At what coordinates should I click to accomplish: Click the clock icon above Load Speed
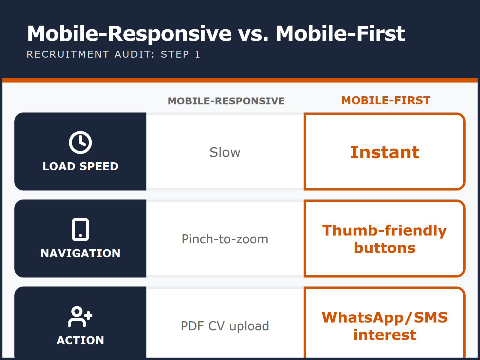(x=80, y=142)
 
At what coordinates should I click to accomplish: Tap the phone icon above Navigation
(x=80, y=229)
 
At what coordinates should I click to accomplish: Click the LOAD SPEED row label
(x=80, y=166)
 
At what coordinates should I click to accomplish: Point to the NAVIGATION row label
(x=80, y=253)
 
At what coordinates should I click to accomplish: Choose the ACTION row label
(x=80, y=340)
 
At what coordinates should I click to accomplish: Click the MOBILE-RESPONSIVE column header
(x=226, y=101)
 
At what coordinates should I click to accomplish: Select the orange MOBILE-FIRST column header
(x=386, y=100)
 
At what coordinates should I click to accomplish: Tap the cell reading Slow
(x=225, y=152)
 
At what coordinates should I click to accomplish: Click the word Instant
(x=385, y=152)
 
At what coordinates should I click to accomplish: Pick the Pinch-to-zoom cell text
(x=225, y=239)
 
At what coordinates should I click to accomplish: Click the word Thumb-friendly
(x=385, y=230)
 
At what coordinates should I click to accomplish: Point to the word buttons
(x=385, y=248)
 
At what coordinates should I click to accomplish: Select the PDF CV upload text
(x=225, y=326)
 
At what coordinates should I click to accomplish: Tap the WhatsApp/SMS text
(x=385, y=317)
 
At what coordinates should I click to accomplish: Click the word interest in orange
(x=385, y=335)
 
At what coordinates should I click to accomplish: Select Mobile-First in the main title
(x=340, y=34)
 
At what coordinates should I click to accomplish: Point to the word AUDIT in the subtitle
(x=134, y=54)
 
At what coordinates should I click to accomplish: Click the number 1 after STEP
(x=197, y=54)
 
